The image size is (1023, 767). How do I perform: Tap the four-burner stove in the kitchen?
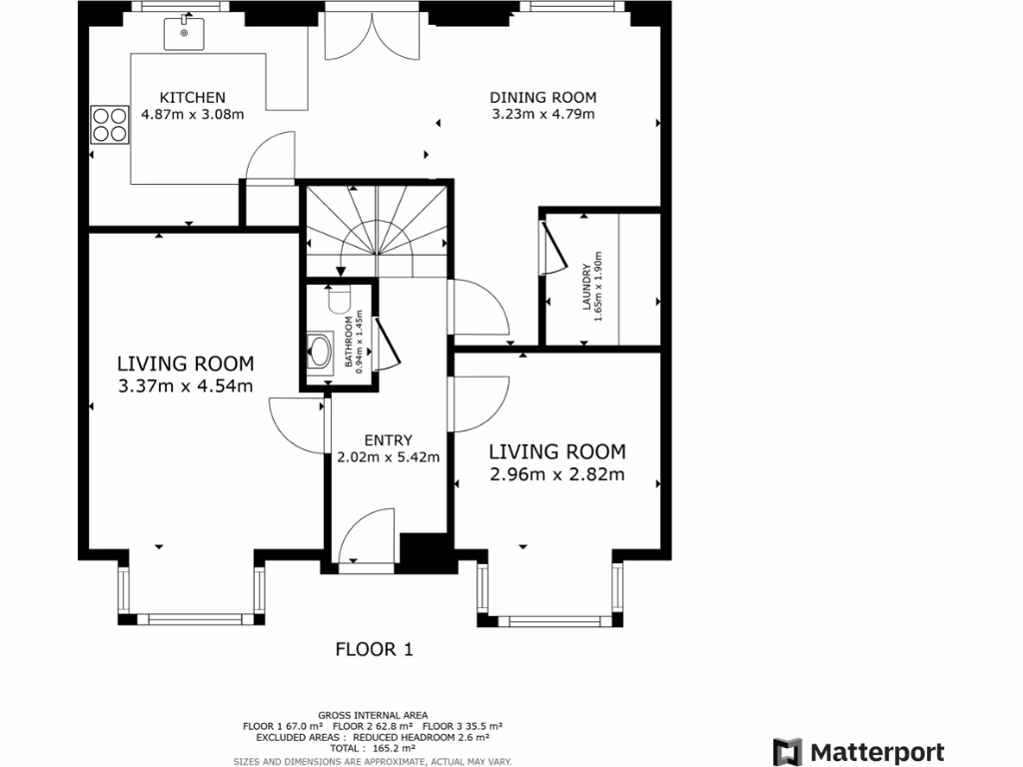click(x=108, y=124)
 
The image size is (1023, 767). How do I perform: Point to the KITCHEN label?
click(x=193, y=98)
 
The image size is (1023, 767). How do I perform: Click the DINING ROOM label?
click(x=542, y=98)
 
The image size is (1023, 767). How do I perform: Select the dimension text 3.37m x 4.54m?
click(x=185, y=386)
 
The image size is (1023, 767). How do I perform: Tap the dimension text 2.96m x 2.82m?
click(x=556, y=474)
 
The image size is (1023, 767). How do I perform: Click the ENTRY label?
click(x=388, y=440)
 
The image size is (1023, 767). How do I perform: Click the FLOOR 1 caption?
click(x=374, y=649)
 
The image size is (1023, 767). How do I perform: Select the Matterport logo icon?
click(x=788, y=751)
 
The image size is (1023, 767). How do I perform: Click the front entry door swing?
click(x=368, y=537)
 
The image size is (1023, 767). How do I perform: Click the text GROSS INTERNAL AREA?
click(x=373, y=715)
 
